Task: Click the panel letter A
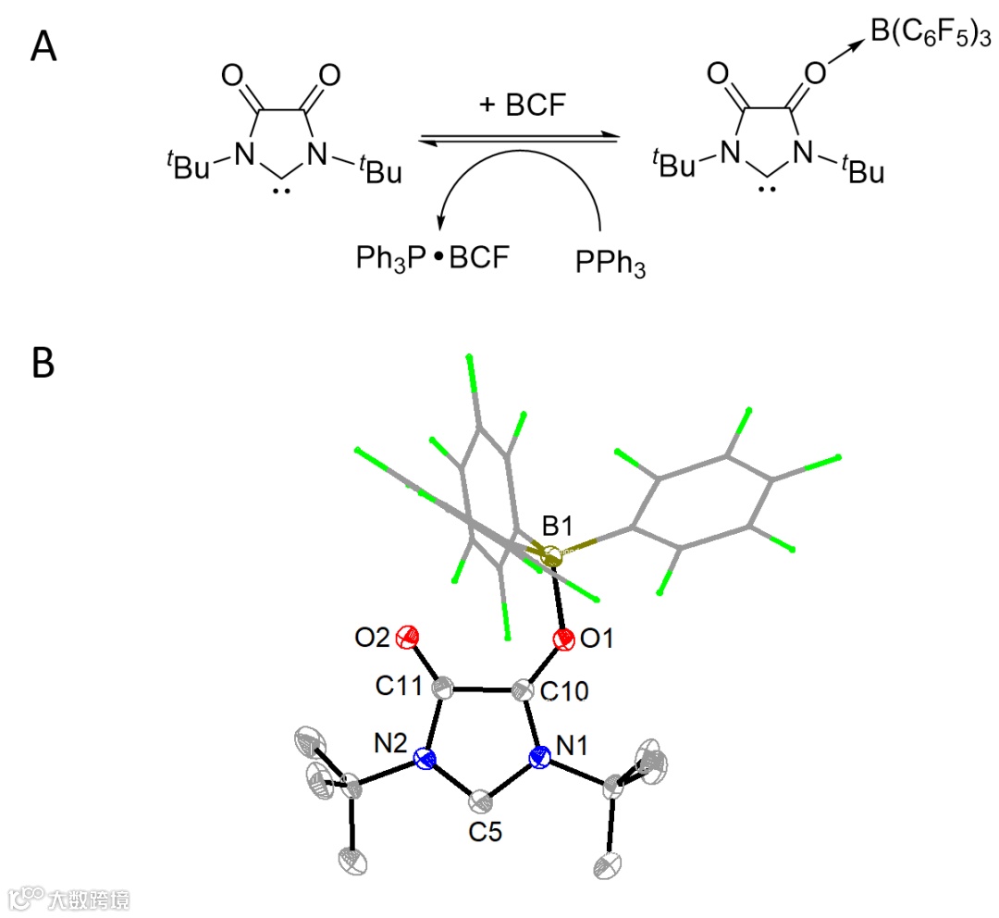[43, 45]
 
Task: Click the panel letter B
[43, 363]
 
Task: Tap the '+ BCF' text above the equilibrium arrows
[517, 105]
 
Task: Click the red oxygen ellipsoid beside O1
[561, 639]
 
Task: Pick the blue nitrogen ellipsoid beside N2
[425, 761]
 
